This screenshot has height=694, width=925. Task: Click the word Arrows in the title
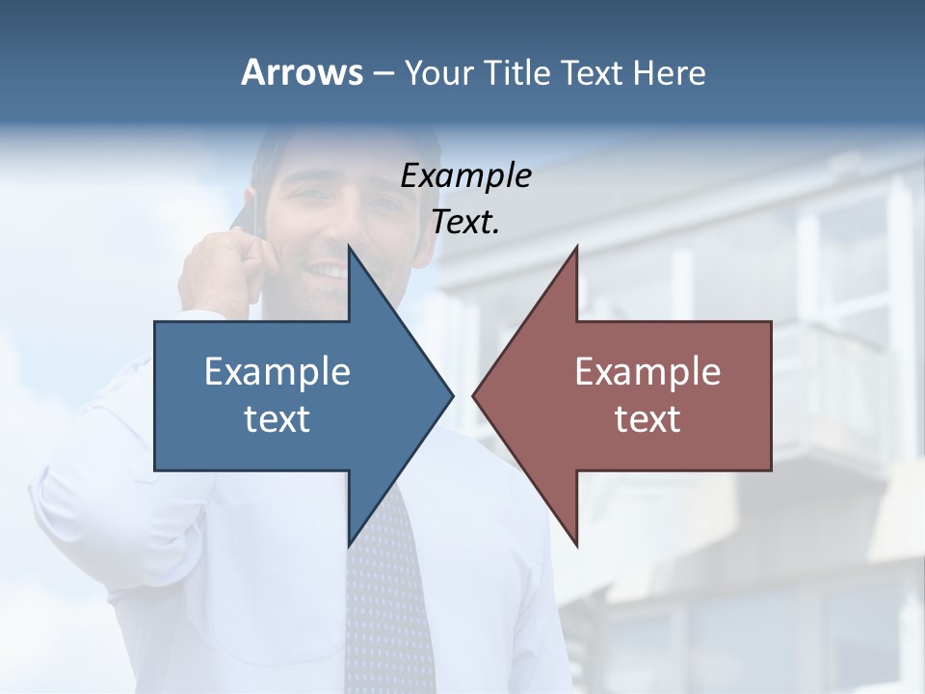(x=302, y=72)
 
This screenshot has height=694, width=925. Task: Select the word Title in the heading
(x=515, y=72)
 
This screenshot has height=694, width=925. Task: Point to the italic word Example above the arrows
(x=465, y=175)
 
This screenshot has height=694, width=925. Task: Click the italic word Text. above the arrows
(x=465, y=223)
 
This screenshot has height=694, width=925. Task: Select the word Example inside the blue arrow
(x=277, y=371)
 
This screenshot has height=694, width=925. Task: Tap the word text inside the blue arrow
(x=277, y=419)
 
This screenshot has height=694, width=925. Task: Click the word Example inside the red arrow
(x=647, y=371)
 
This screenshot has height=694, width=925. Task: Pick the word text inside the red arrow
(x=647, y=419)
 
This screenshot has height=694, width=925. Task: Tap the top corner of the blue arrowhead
(x=350, y=248)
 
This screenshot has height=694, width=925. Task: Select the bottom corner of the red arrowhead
(x=576, y=545)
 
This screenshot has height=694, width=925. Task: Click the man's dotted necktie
(x=385, y=598)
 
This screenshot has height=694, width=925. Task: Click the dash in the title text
(x=383, y=73)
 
